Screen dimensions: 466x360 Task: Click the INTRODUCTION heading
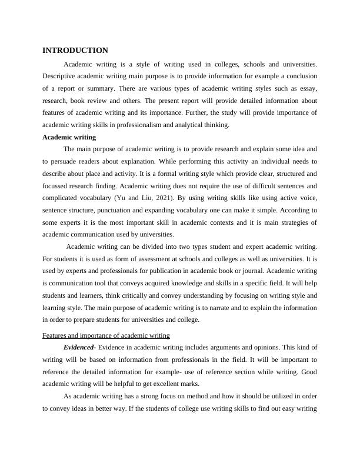(75, 51)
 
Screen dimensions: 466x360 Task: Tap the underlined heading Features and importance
(106, 335)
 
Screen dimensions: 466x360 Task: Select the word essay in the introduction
(308, 88)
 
